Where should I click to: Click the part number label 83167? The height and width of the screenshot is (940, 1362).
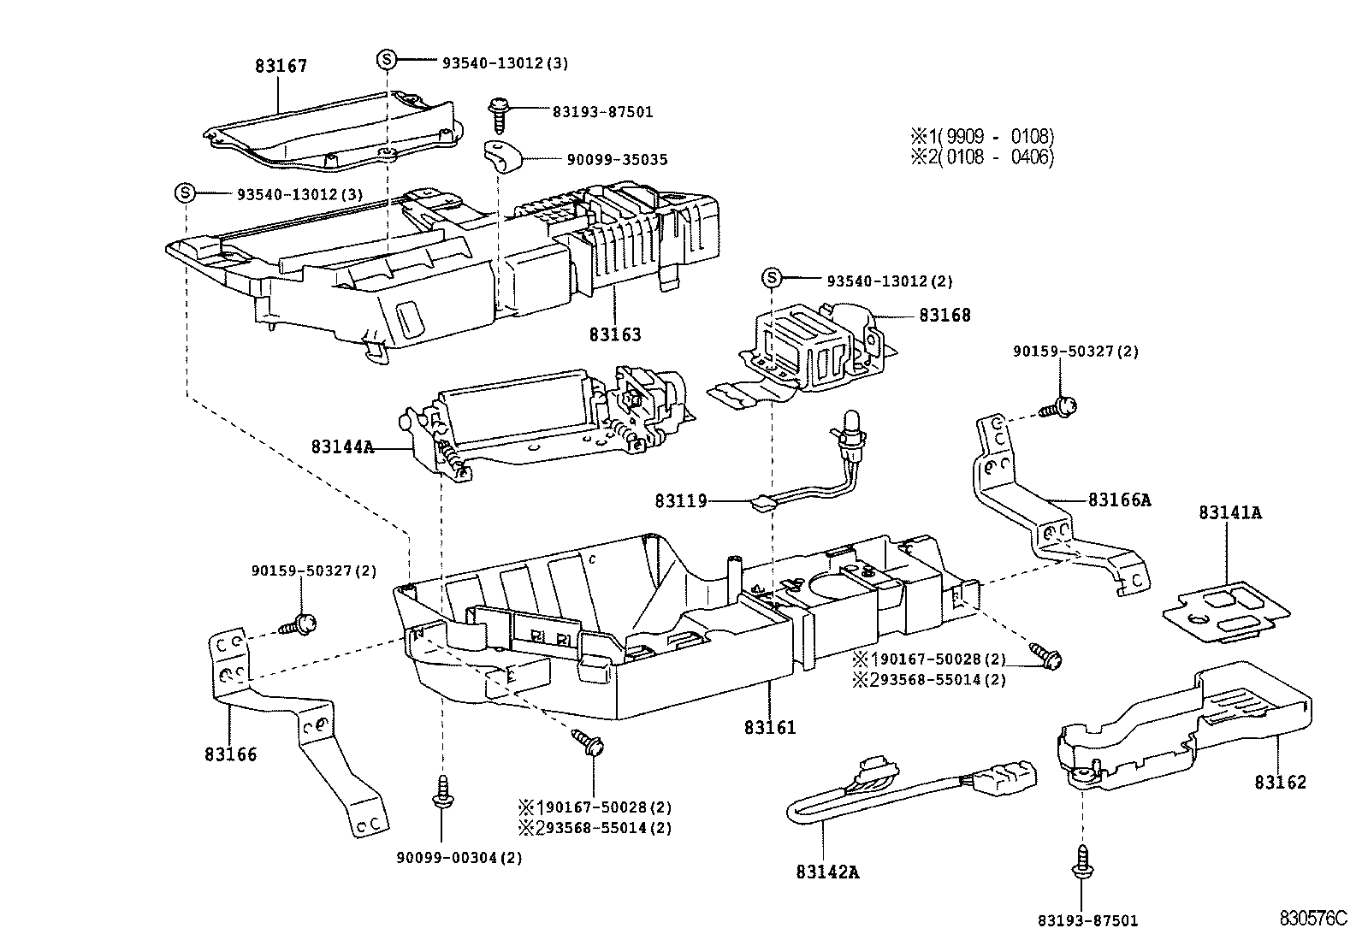[281, 66]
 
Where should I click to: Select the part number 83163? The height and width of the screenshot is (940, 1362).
[614, 334]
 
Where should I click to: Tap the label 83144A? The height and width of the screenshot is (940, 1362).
[342, 446]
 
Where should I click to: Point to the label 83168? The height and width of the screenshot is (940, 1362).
[945, 315]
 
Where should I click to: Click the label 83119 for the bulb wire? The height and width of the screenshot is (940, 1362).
[681, 500]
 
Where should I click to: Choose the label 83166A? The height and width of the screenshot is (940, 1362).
[1119, 500]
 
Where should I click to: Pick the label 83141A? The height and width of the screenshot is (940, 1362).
[1229, 513]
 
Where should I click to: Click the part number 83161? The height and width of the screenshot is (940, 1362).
[770, 727]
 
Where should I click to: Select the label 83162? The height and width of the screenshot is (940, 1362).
[1281, 782]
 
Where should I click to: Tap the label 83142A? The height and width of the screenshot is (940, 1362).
[827, 872]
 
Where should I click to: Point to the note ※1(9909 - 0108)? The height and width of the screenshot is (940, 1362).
[981, 136]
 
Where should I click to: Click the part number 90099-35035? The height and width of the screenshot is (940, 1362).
[617, 160]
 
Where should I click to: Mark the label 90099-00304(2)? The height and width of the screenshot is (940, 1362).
[459, 858]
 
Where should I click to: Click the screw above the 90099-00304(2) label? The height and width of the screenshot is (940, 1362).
[443, 791]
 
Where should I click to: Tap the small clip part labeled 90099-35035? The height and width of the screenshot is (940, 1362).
[500, 157]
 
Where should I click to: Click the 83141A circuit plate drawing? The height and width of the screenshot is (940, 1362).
[1227, 609]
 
